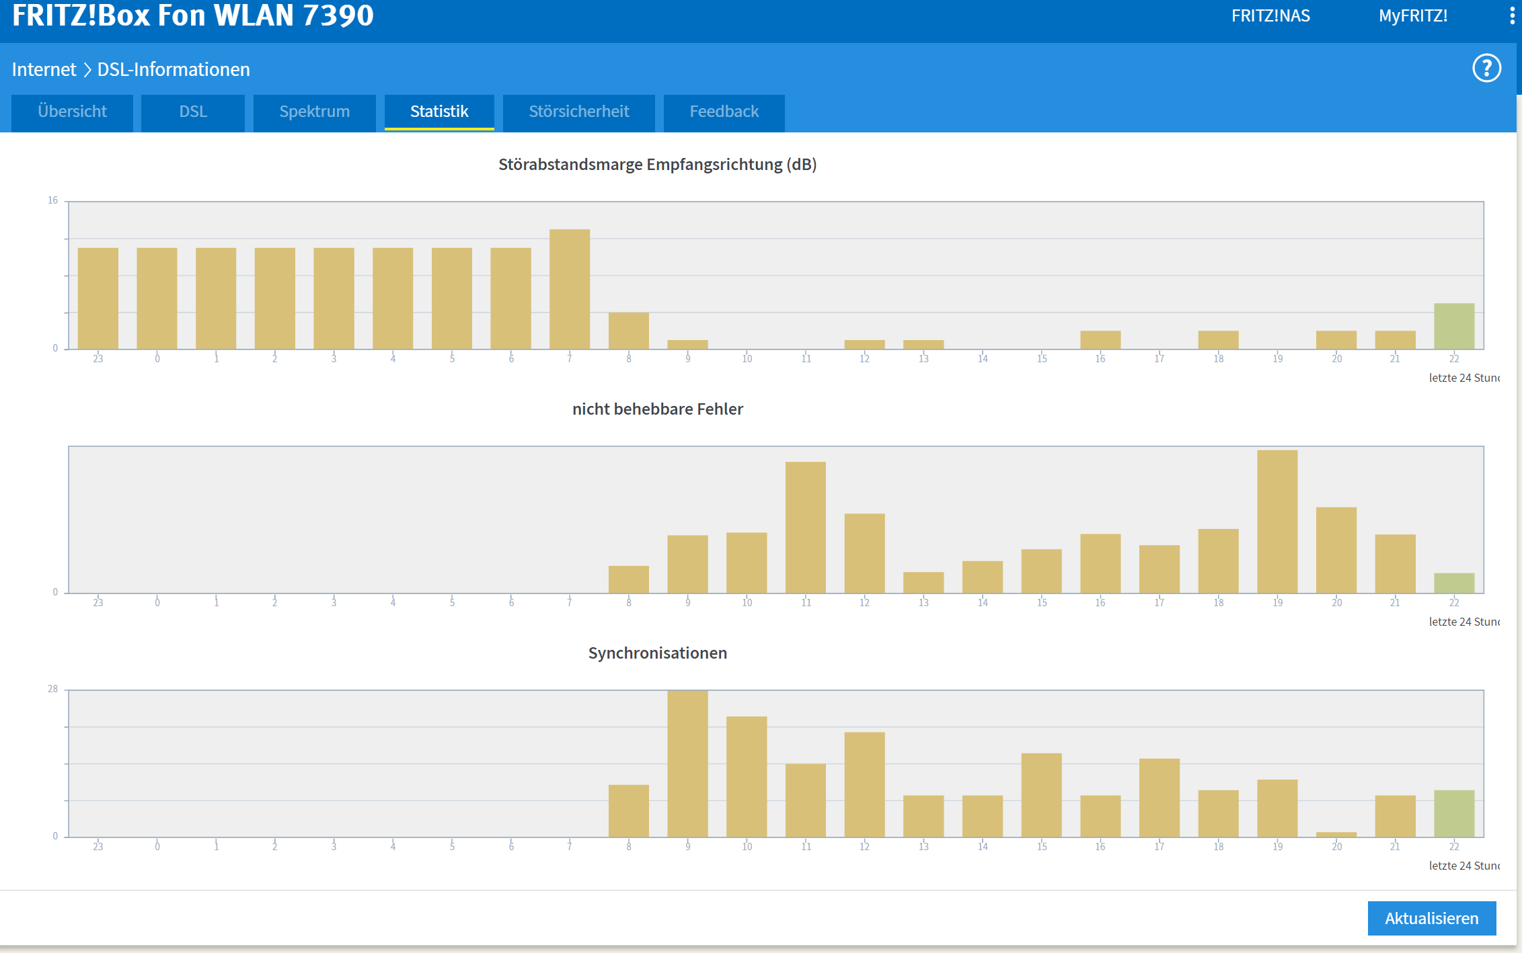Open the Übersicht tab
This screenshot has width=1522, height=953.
tap(72, 112)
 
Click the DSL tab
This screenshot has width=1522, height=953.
tap(193, 112)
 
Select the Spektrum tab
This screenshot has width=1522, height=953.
tap(314, 112)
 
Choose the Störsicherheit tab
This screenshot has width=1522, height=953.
tap(578, 112)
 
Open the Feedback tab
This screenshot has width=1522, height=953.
tap(724, 112)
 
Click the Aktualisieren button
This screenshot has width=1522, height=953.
tap(1432, 918)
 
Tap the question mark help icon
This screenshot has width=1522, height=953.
tap(1486, 69)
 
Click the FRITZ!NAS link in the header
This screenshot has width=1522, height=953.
tap(1270, 16)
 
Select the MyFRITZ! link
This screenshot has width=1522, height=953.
tap(1413, 16)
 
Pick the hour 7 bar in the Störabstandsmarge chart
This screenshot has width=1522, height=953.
tap(570, 289)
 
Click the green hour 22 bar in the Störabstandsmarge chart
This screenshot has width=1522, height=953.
tap(1454, 326)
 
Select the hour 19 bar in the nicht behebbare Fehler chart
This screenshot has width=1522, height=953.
tap(1277, 522)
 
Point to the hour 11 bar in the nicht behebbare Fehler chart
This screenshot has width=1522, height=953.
tap(806, 528)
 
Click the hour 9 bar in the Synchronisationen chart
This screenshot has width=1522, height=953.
tap(687, 763)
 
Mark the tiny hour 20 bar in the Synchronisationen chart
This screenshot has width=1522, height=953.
tap(1336, 835)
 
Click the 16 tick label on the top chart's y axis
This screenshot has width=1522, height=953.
tap(53, 200)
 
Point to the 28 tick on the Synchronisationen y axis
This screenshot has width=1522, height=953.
tap(53, 689)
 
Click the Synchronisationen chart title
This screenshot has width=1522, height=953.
tap(658, 653)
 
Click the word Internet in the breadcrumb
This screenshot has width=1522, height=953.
tap(44, 69)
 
